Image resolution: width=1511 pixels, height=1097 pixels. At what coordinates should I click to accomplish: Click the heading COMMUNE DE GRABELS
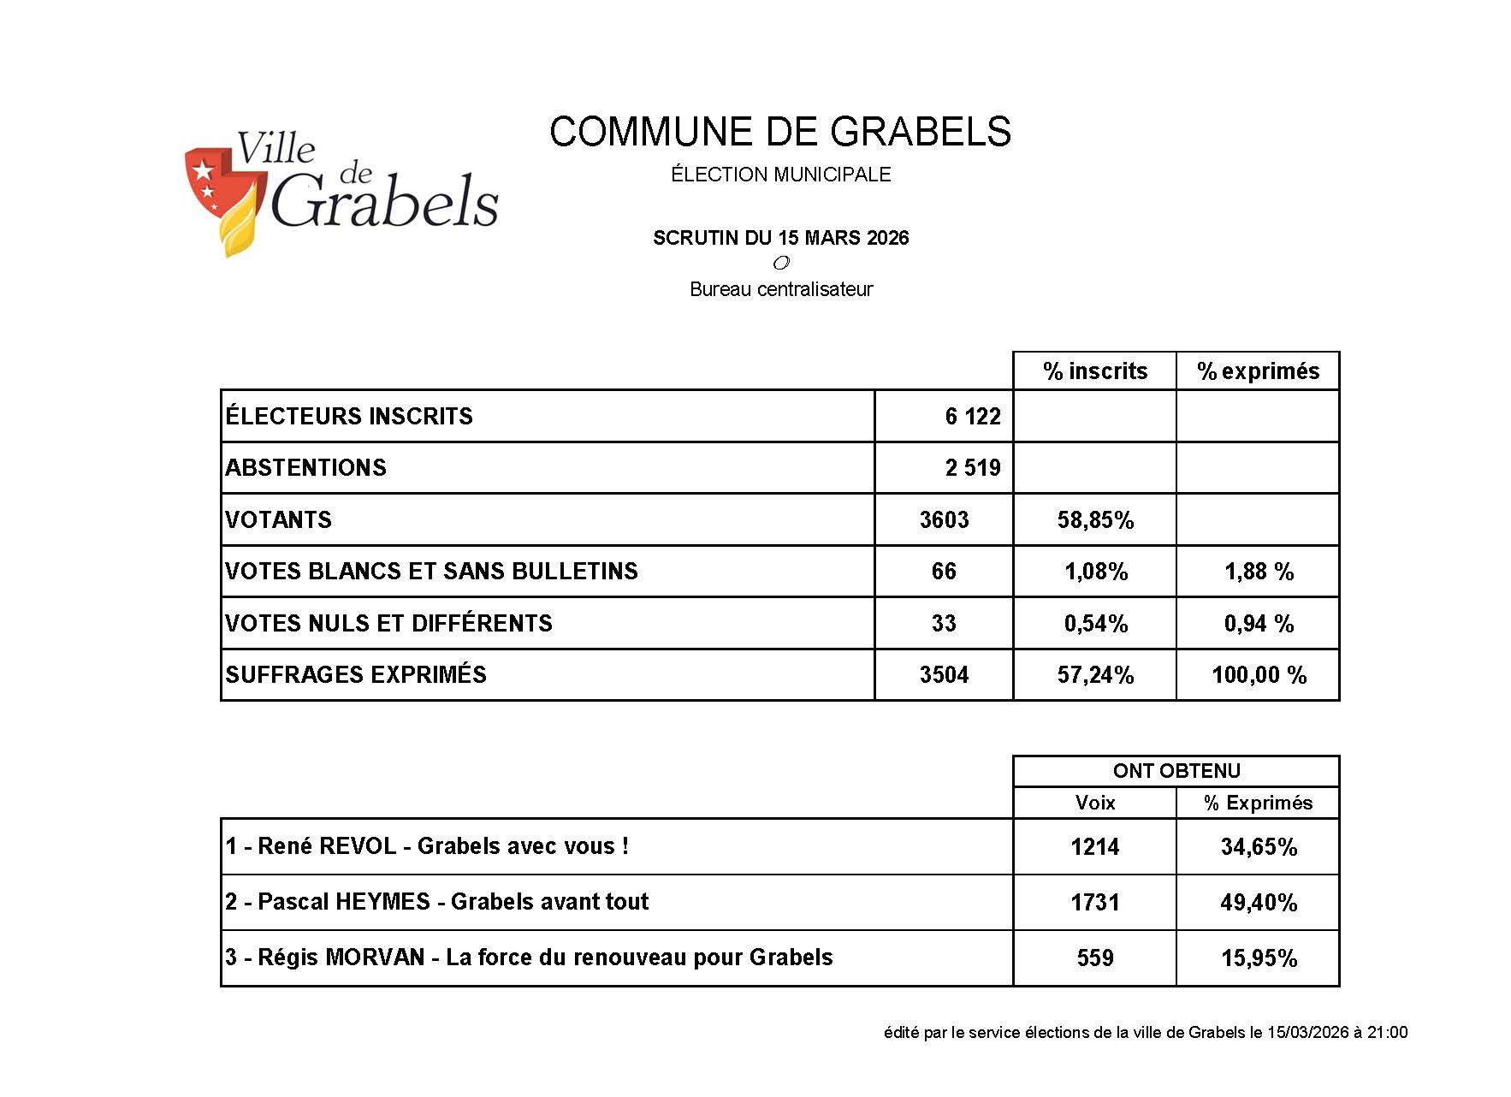(x=779, y=133)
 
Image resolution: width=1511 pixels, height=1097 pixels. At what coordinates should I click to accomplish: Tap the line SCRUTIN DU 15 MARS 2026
(x=780, y=238)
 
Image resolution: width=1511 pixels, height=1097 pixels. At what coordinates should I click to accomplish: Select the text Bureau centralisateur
(x=780, y=289)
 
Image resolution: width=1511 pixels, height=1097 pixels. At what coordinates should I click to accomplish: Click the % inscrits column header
(x=1094, y=371)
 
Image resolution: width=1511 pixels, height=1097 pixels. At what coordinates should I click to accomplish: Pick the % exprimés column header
(x=1258, y=371)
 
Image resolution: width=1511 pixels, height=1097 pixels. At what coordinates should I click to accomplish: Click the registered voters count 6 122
(x=972, y=417)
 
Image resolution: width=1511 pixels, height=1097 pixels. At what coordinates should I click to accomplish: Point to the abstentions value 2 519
(x=972, y=468)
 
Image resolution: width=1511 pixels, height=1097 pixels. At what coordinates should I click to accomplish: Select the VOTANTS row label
(x=279, y=520)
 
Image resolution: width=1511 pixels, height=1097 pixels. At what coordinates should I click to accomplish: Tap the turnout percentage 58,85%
(x=1095, y=520)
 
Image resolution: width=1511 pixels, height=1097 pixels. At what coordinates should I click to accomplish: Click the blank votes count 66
(x=944, y=572)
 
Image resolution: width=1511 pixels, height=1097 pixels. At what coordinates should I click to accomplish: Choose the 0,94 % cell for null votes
(x=1259, y=624)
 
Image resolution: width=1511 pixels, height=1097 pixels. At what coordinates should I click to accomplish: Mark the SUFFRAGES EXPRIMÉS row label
(x=356, y=675)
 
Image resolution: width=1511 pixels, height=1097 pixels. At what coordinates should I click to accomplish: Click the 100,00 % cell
(x=1259, y=675)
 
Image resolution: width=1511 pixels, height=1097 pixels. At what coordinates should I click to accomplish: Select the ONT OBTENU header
(x=1176, y=771)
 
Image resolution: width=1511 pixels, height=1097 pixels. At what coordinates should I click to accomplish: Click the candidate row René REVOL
(x=427, y=846)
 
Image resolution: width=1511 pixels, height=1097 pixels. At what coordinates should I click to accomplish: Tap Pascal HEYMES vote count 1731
(x=1095, y=903)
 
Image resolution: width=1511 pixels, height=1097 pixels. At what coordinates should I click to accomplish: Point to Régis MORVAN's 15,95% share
(x=1259, y=958)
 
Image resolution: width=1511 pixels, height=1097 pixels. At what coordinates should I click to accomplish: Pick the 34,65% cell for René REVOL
(x=1259, y=847)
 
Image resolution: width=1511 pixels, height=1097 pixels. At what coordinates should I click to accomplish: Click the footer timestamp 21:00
(x=1387, y=1033)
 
